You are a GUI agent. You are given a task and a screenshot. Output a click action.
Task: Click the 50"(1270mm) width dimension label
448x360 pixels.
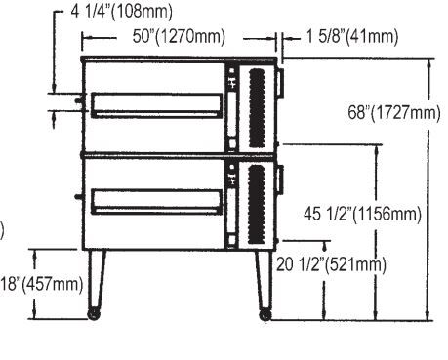coord(179,36)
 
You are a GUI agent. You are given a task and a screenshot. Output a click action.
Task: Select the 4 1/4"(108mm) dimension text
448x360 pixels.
coord(121,12)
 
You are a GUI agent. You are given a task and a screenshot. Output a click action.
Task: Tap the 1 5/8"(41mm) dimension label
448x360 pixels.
coord(352,36)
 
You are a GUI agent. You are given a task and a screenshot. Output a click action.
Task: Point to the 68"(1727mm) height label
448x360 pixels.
coord(394,113)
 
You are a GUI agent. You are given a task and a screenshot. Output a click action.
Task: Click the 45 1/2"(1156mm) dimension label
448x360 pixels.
coord(362,214)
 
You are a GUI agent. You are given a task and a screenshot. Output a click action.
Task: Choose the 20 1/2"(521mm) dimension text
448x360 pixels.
coord(331,264)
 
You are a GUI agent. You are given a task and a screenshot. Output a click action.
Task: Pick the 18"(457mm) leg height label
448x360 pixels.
coord(42,284)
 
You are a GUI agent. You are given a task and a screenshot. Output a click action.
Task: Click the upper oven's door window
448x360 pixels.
coord(156,105)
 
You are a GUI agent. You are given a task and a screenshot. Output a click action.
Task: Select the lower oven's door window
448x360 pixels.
coord(156,202)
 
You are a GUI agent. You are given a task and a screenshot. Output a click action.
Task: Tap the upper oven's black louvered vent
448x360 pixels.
coord(257,108)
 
